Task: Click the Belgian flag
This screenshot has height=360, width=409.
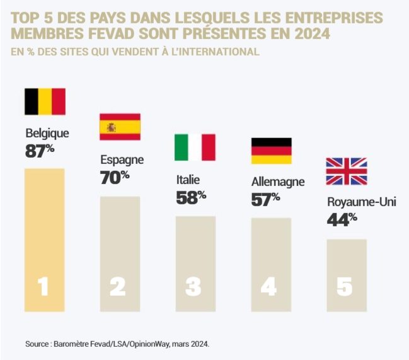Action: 45,102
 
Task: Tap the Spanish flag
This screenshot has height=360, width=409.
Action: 120,127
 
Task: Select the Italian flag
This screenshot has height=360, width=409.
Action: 195,147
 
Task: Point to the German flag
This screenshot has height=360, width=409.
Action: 271,151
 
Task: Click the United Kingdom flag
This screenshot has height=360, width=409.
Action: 346,171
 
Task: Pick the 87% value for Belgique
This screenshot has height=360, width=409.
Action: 39,151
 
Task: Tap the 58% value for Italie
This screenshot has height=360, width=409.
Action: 190,197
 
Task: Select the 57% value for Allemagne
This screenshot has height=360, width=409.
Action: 265,200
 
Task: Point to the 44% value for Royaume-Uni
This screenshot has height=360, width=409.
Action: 342,219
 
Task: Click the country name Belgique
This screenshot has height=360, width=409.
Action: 47,134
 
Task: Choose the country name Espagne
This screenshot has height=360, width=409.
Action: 122,160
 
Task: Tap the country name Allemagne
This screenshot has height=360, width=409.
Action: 277,182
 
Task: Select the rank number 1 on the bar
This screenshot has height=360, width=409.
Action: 43,287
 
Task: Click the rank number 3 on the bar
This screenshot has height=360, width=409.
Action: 193,287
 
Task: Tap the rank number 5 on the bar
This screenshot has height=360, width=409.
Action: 344,287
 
